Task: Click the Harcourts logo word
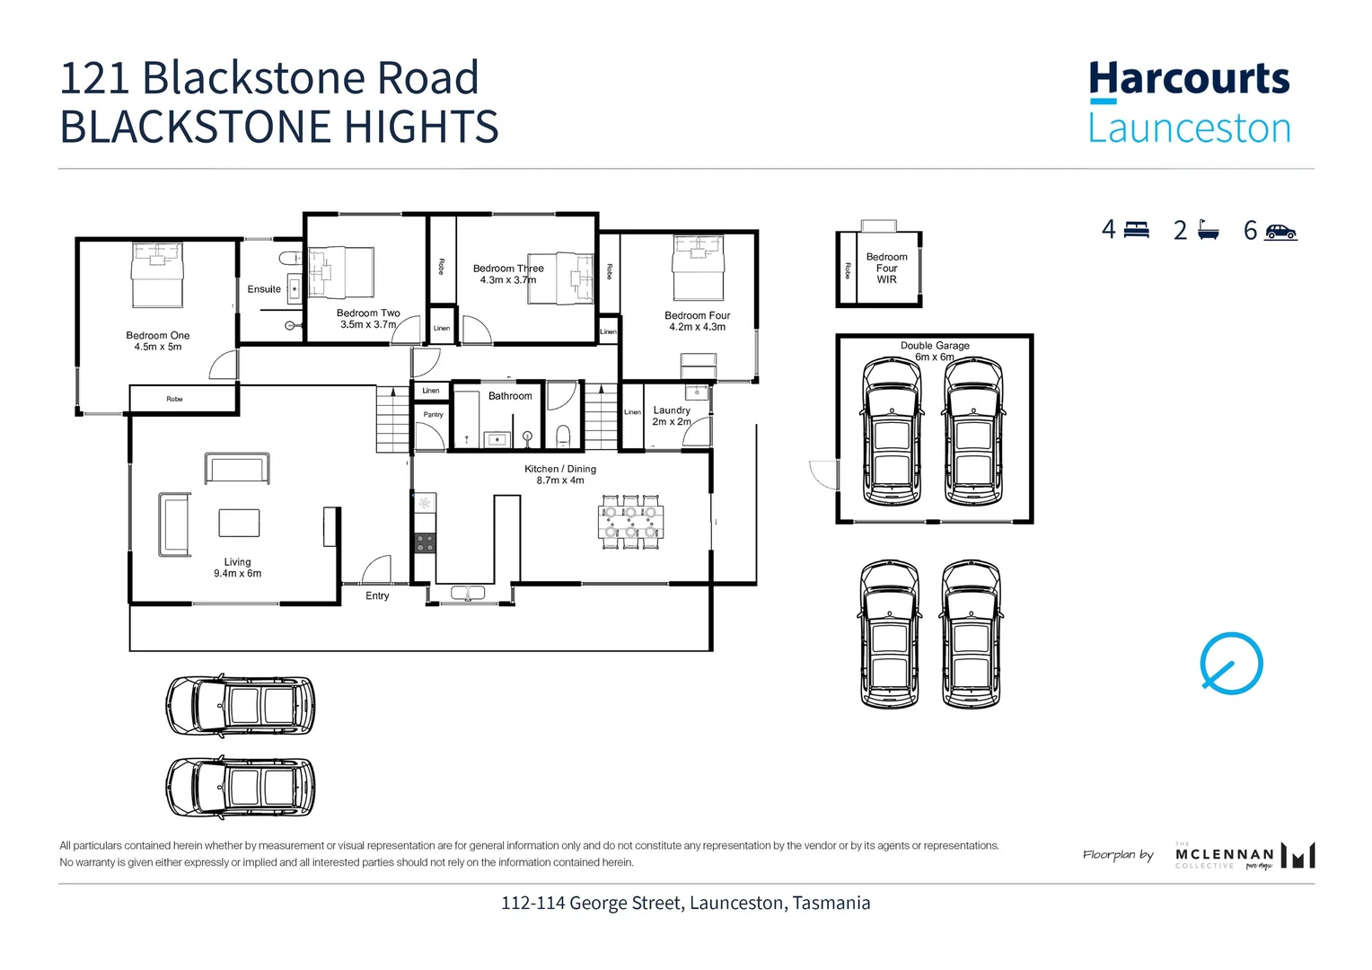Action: (1189, 79)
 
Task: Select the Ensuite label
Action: (264, 289)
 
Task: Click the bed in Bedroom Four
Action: (699, 268)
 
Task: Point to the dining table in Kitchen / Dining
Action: (631, 523)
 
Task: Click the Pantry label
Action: (433, 415)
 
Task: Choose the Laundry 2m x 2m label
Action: (672, 416)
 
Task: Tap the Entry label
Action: (377, 596)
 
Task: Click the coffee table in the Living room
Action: (239, 523)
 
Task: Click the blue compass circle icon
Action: (1231, 664)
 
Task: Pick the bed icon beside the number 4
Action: (1136, 230)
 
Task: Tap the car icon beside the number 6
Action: (1280, 232)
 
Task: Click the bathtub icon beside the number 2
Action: (1208, 231)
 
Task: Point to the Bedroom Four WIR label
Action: (886, 268)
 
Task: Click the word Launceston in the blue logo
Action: (1189, 128)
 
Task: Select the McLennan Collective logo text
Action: (1224, 854)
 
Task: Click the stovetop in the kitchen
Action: (424, 542)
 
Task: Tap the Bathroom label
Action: (510, 396)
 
